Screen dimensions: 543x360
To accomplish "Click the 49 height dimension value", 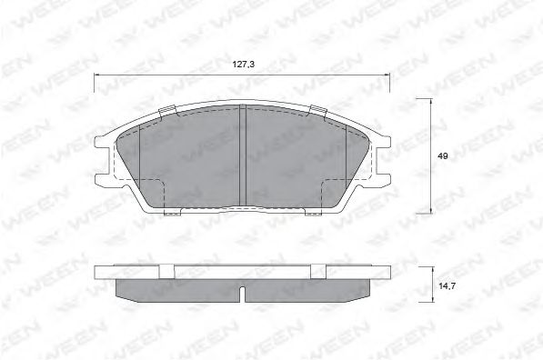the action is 442,156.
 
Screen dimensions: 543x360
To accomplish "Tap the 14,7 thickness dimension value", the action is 447,286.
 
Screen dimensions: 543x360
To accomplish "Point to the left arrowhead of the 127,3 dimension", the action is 97,74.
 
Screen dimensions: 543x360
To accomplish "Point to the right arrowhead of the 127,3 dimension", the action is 387,74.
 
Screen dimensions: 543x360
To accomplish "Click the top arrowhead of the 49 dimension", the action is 430,102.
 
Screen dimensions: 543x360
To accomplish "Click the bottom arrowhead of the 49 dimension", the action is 430,210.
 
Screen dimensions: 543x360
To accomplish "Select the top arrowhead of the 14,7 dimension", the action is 433,270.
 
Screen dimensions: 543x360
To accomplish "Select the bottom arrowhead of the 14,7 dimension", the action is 433,298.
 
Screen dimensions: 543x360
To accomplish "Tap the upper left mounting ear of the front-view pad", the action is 100,141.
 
